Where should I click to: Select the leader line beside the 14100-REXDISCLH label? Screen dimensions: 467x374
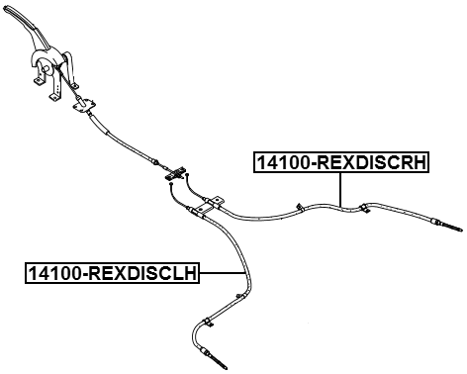[222, 272]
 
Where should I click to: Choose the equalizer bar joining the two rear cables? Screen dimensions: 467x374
[177, 172]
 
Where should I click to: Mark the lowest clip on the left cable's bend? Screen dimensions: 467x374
[206, 323]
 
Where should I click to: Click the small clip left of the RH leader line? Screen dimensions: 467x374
[298, 206]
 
